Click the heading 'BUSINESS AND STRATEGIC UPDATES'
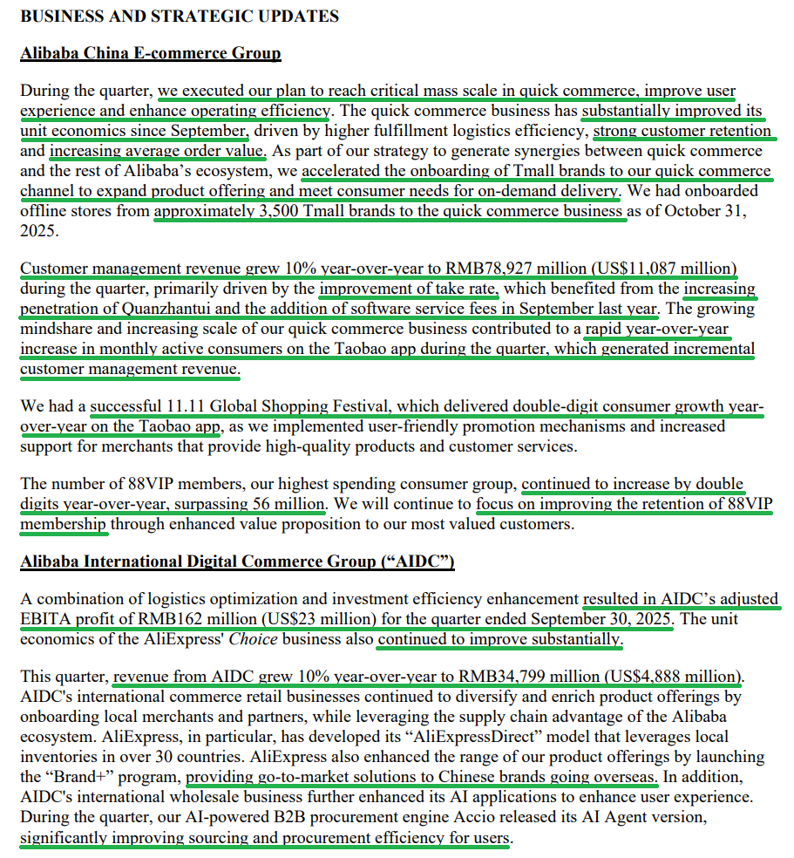pos(180,17)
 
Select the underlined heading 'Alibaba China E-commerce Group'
pos(150,54)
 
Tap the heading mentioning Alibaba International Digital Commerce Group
pos(237,562)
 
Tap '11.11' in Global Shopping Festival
pos(181,407)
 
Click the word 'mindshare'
pos(58,328)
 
